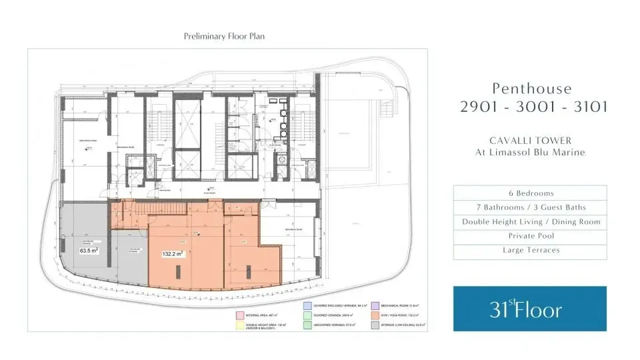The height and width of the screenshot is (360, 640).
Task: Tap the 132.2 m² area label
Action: point(173,254)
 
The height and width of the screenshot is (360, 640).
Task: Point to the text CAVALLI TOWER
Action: point(530,140)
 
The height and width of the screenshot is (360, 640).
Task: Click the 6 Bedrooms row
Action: point(530,193)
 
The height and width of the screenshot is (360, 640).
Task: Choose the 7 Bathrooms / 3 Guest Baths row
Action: point(530,207)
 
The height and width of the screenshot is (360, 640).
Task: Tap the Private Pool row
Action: point(530,236)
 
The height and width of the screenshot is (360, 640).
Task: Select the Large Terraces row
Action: point(530,251)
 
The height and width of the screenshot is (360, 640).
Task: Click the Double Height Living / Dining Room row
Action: point(530,222)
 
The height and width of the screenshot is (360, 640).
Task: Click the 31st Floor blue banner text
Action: point(526,309)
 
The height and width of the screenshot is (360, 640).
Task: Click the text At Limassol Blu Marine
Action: point(530,153)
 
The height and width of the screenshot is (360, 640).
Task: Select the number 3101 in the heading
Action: point(583,107)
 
